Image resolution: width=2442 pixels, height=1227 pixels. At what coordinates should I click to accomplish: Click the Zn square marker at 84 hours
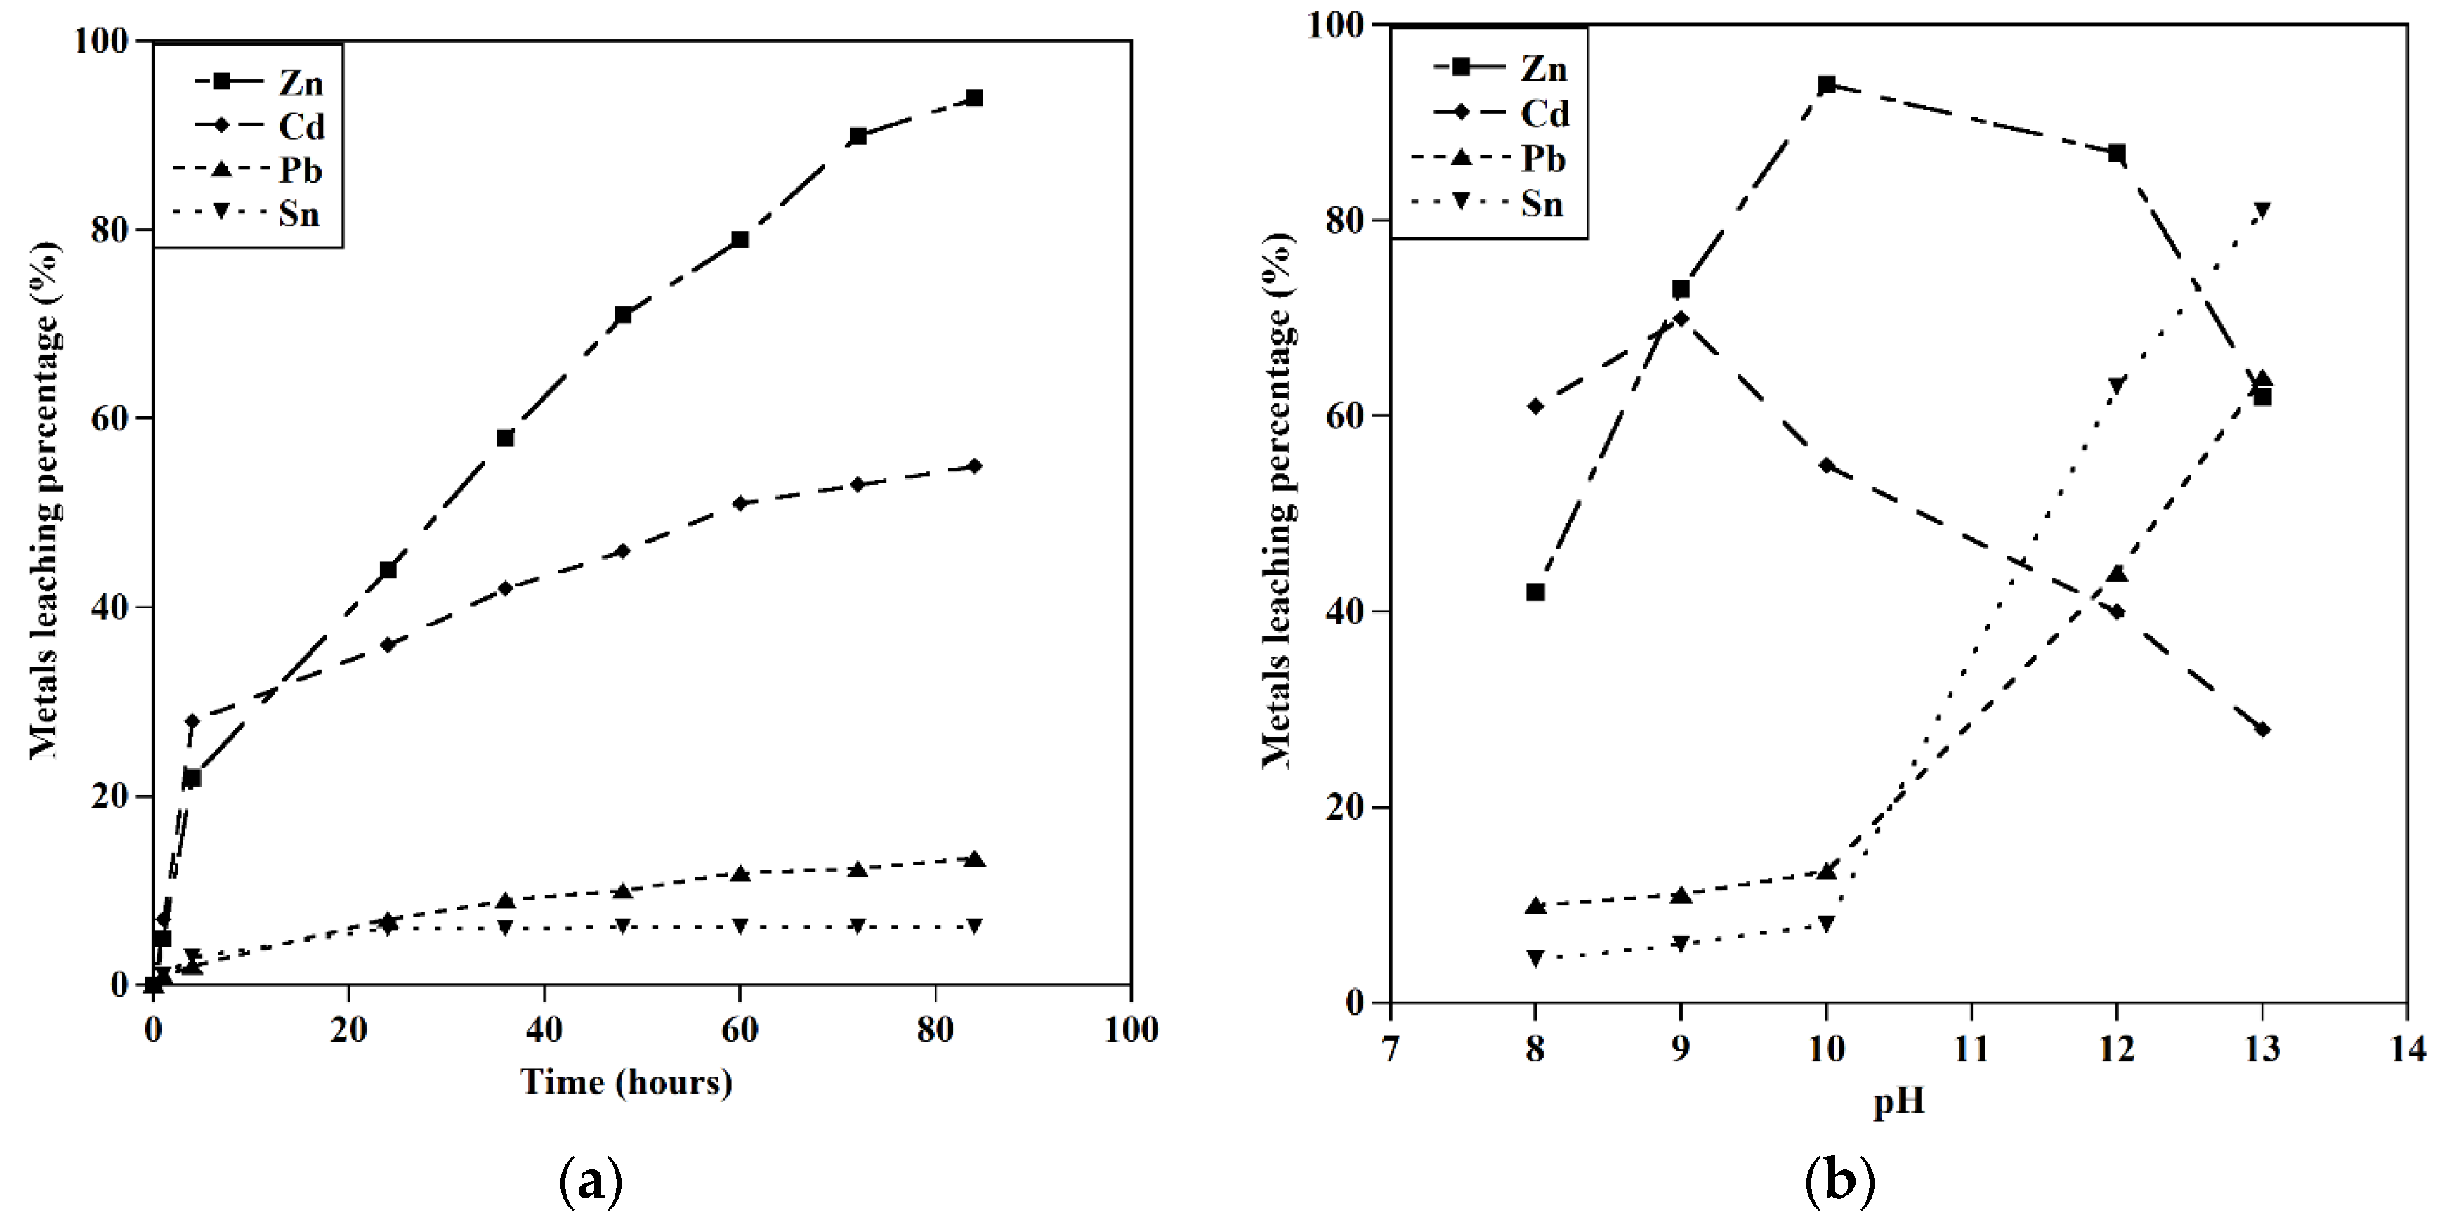973,98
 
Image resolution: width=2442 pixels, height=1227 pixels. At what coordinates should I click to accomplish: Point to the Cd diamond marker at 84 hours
973,466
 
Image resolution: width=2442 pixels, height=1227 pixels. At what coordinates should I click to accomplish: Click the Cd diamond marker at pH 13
2263,729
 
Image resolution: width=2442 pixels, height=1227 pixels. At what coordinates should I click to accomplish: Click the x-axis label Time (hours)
626,1082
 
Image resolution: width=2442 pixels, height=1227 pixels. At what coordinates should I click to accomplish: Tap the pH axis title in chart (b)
1899,1102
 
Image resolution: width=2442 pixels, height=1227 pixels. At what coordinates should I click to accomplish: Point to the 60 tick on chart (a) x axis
740,1030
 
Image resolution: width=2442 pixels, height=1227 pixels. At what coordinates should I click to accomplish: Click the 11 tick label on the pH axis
1972,1049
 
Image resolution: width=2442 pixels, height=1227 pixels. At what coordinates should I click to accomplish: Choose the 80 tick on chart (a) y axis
110,230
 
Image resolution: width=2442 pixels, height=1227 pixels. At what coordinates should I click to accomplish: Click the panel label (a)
591,1181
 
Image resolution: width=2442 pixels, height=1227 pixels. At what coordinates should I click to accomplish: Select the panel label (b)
1840,1181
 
